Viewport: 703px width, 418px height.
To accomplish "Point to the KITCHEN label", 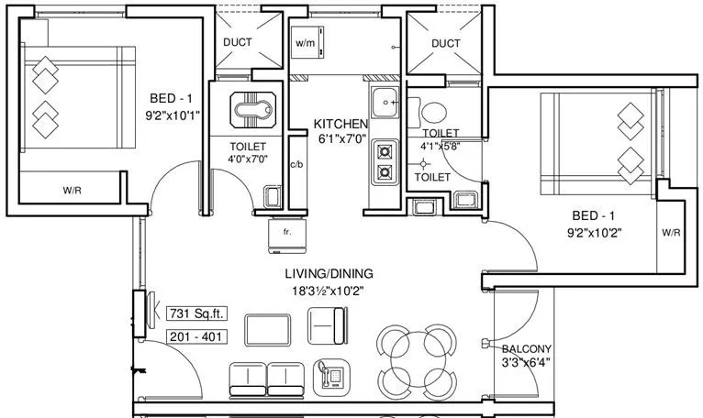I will click(x=340, y=124).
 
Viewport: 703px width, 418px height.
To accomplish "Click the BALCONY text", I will click(x=526, y=348).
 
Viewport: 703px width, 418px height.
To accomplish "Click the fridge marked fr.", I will click(x=285, y=235).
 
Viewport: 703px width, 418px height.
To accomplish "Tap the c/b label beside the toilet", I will click(x=296, y=165).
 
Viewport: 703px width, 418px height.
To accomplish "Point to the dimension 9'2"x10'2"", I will click(x=595, y=232).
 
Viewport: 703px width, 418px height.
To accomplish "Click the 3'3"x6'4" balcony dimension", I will click(x=526, y=363).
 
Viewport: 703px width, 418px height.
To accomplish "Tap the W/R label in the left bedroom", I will click(x=73, y=191).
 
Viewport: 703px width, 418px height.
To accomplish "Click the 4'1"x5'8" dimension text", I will click(x=441, y=145).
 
